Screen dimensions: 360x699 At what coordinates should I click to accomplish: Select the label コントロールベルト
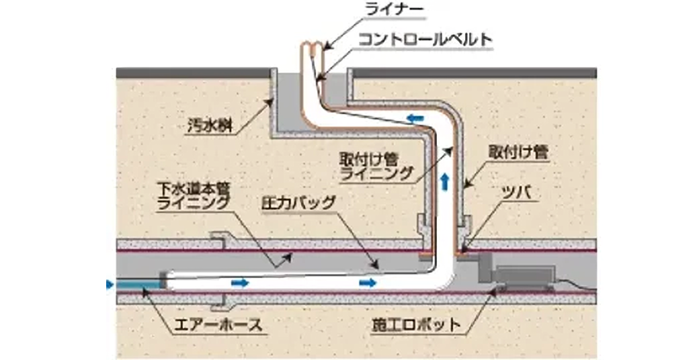[x=425, y=40]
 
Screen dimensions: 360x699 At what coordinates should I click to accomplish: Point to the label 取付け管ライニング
[x=376, y=166]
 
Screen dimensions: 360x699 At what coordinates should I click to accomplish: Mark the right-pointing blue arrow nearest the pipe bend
[x=367, y=283]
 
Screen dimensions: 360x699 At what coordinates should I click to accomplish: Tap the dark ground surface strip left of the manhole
[x=192, y=72]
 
